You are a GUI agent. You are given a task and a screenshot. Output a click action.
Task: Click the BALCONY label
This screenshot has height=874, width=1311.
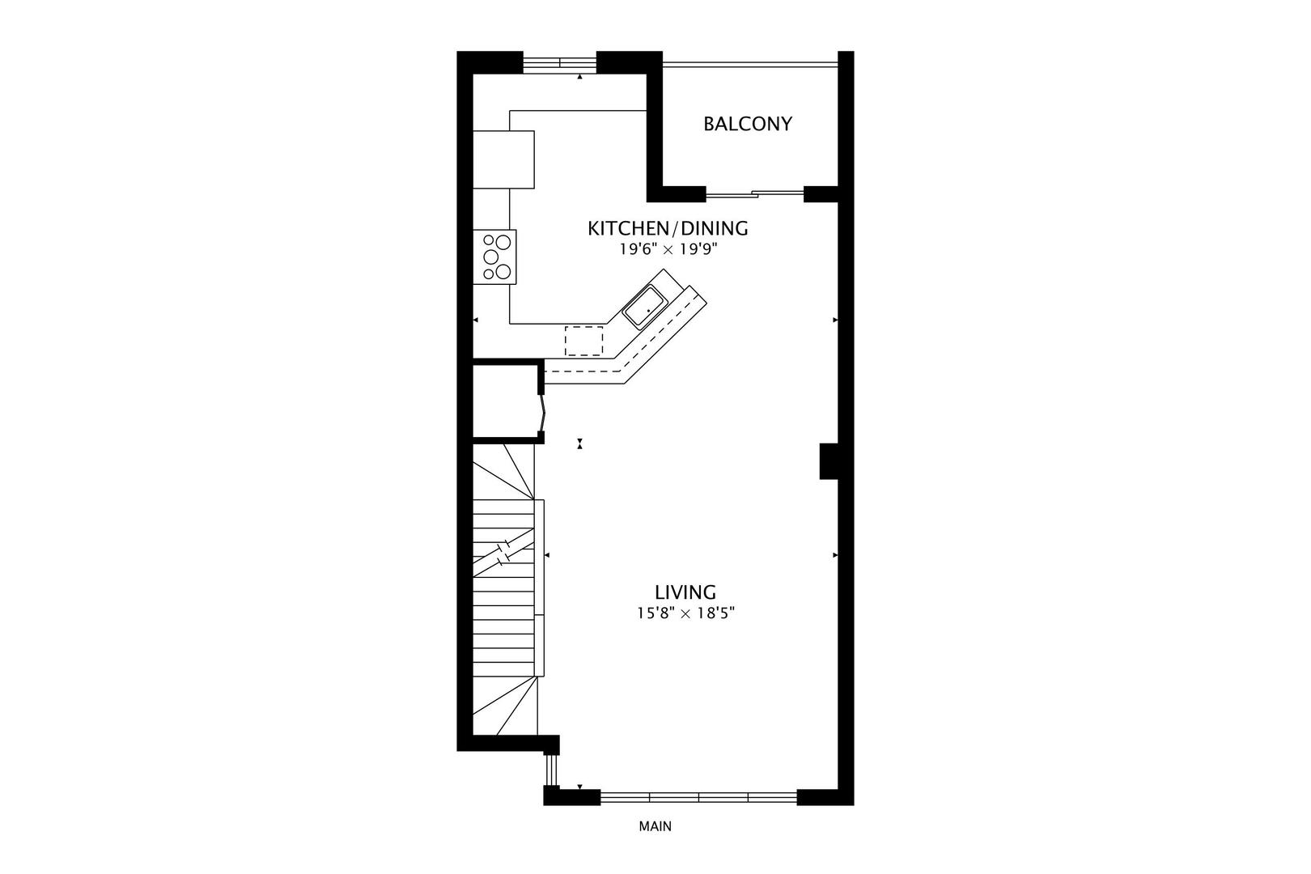click(x=747, y=124)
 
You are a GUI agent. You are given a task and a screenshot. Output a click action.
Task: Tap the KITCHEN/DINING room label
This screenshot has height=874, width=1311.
click(x=668, y=228)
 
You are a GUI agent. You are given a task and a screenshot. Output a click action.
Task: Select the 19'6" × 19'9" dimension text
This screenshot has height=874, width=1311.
click(x=668, y=250)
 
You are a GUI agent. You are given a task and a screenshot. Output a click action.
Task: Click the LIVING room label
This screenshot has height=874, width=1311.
click(x=685, y=592)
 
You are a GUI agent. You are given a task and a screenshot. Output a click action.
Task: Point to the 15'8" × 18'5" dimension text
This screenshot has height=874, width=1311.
click(x=685, y=613)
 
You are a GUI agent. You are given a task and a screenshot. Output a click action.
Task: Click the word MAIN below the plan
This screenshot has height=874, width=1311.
click(x=655, y=826)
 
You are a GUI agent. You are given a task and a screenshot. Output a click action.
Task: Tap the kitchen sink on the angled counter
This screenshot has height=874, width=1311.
click(x=645, y=307)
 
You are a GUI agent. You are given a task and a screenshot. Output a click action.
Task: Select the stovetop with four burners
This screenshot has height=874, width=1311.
click(x=495, y=257)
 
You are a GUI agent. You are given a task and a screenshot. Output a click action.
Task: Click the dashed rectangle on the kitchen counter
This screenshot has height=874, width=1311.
click(x=584, y=340)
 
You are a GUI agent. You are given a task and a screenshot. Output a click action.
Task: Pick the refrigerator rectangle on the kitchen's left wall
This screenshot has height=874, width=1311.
click(x=503, y=160)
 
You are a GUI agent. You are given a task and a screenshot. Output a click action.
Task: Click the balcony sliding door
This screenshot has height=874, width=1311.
click(x=754, y=193)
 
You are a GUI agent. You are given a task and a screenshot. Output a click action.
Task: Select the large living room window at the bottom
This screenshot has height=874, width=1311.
click(x=698, y=797)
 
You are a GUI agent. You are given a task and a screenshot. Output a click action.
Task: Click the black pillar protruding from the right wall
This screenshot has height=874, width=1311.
click(x=829, y=460)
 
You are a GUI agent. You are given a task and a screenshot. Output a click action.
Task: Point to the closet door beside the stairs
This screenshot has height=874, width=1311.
click(x=542, y=414)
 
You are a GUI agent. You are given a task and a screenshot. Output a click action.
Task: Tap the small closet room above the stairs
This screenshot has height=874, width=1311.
click(x=505, y=403)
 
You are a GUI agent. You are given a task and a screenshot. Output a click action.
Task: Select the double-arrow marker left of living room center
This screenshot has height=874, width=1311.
click(x=579, y=443)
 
